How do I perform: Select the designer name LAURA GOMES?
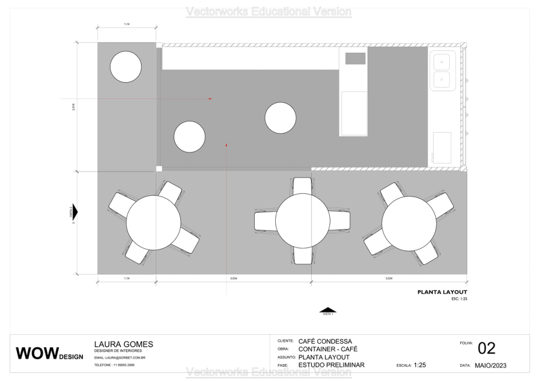pos(123,344)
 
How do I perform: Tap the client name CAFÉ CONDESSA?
pos(325,342)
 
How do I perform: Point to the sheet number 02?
pos(487,348)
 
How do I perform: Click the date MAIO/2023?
pos(490,365)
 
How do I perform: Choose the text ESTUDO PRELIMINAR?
pos(331,365)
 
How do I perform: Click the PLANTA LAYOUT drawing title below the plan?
pos(442,292)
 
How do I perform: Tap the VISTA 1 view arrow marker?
pos(328,310)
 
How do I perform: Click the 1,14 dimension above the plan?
pos(127,24)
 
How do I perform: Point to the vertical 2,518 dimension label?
pos(74,107)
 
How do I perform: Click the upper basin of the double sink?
pos(442,62)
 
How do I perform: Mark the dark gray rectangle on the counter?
pos(355,58)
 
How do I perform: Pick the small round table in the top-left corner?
pos(126,66)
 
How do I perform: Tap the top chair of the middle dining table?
pos(302,186)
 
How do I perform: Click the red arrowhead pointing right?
pos(210,98)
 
